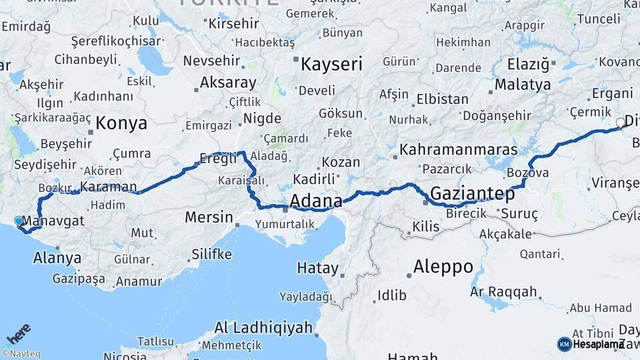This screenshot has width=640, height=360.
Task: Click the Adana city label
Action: pyautogui.click(x=316, y=201)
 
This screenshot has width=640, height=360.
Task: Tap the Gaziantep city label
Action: pyautogui.click(x=473, y=194)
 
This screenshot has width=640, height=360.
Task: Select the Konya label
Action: pyautogui.click(x=121, y=123)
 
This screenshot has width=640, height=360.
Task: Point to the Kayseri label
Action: pyautogui.click(x=331, y=64)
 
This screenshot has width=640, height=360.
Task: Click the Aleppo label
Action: pyautogui.click(x=443, y=267)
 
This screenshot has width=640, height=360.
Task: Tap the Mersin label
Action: pyautogui.click(x=209, y=217)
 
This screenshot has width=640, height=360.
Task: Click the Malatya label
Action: pyautogui.click(x=523, y=85)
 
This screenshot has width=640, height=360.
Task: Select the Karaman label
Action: pyautogui.click(x=108, y=187)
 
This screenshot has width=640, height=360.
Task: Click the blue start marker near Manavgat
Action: pyautogui.click(x=19, y=221)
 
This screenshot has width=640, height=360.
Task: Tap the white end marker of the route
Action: pyautogui.click(x=621, y=123)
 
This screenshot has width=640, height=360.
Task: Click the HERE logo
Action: pyautogui.click(x=18, y=333)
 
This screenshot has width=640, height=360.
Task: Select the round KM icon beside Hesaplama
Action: pyautogui.click(x=564, y=344)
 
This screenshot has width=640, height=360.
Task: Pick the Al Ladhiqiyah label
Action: pyautogui.click(x=263, y=327)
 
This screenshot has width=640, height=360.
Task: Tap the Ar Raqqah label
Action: pyautogui.click(x=503, y=292)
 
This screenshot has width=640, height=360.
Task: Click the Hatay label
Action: pyautogui.click(x=317, y=268)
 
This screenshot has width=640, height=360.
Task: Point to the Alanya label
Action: pyautogui.click(x=57, y=258)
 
